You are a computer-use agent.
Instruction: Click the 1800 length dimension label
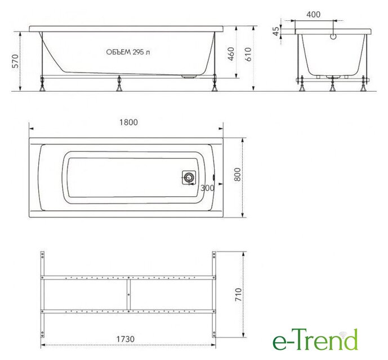tap(128, 123)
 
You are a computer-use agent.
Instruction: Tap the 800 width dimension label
tap(237, 174)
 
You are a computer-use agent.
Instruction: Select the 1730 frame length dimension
tap(126, 339)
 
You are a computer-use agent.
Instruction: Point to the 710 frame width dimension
tap(238, 295)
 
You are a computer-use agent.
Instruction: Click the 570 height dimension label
tap(15, 61)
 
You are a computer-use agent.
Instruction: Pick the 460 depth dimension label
tap(231, 54)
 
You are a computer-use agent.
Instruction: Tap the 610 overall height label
tap(248, 55)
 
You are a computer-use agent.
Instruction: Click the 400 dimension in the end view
tap(313, 15)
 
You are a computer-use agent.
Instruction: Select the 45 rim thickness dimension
tap(276, 31)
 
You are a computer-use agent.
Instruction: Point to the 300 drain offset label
tap(207, 188)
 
